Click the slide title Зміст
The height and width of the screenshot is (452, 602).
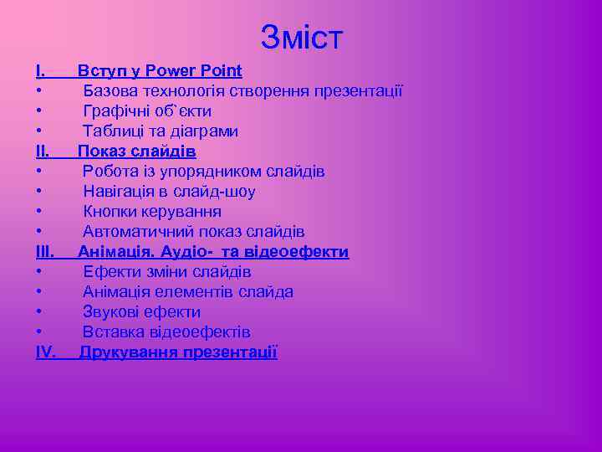pos(301,36)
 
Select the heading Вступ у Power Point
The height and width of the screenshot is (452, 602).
pos(160,71)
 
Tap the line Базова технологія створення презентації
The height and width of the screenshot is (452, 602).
pos(242,91)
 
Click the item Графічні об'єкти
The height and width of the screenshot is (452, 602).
pos(147,111)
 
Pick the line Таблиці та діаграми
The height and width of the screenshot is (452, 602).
pos(161,131)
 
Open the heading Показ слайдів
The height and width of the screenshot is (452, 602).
pos(137,152)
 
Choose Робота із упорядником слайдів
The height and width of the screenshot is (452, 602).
pos(204,172)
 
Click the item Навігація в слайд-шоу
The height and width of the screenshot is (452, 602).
pos(169,192)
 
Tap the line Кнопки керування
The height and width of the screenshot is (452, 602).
pos(152,212)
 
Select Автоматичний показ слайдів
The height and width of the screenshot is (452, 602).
pos(194,232)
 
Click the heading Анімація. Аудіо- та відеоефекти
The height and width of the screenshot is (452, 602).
pos(213,252)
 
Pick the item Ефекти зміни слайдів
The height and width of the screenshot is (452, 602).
pos(167,272)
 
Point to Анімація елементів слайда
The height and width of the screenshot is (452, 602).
pos(188,292)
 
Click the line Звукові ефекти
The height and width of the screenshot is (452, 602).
pos(142,312)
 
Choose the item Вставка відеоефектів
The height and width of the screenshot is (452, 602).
pos(166,332)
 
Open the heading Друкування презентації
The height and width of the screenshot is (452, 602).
pos(178,352)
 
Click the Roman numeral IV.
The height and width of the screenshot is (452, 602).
pos(46,352)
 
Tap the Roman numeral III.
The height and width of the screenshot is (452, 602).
pos(45,252)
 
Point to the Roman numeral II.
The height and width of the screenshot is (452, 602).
pos(43,152)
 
